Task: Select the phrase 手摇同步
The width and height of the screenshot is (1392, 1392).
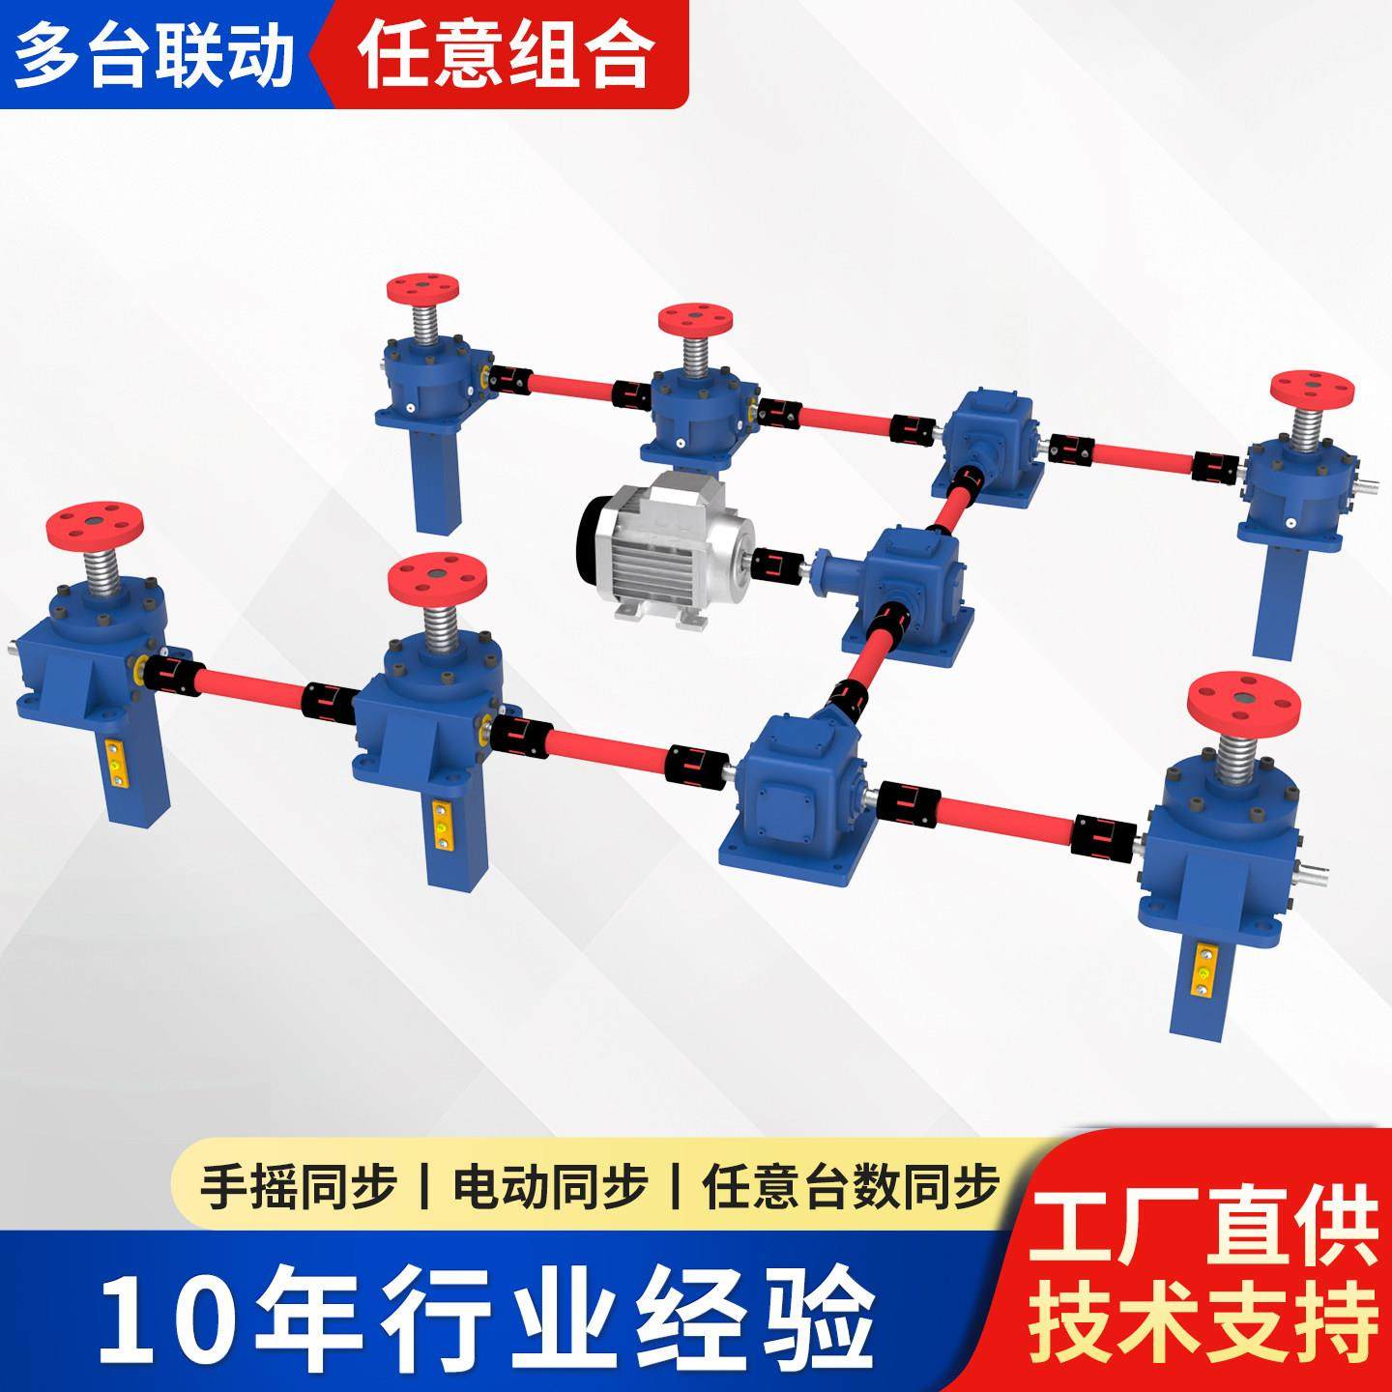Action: click(298, 1187)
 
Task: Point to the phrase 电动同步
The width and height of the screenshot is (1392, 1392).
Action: click(549, 1187)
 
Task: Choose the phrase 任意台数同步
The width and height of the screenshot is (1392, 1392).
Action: click(851, 1187)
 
